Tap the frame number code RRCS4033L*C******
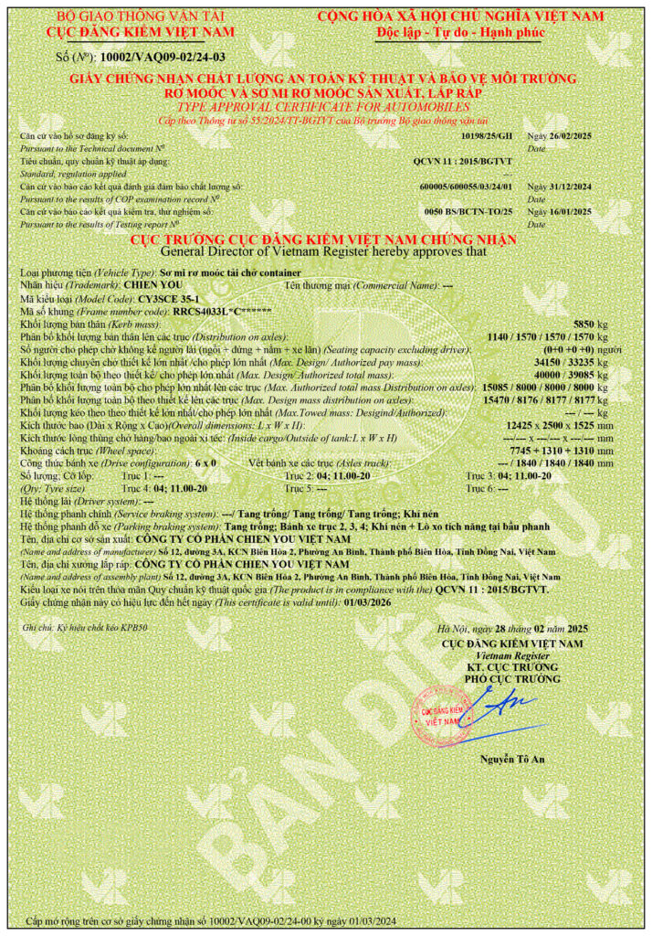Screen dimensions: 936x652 click(223, 311)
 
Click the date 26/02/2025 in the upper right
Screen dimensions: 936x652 click(560, 135)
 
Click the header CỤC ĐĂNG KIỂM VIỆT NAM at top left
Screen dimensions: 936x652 click(140, 32)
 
